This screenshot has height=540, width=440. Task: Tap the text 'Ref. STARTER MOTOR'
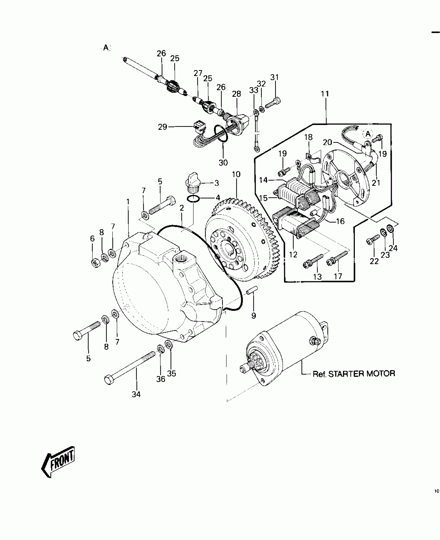pos(354,374)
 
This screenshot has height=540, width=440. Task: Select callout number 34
pos(136,394)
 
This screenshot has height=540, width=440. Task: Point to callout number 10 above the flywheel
pos(236,174)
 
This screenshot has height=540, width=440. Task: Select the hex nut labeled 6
pos(96,263)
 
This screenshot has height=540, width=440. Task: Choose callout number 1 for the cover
pos(128,202)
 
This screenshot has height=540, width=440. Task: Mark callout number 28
pos(236,94)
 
